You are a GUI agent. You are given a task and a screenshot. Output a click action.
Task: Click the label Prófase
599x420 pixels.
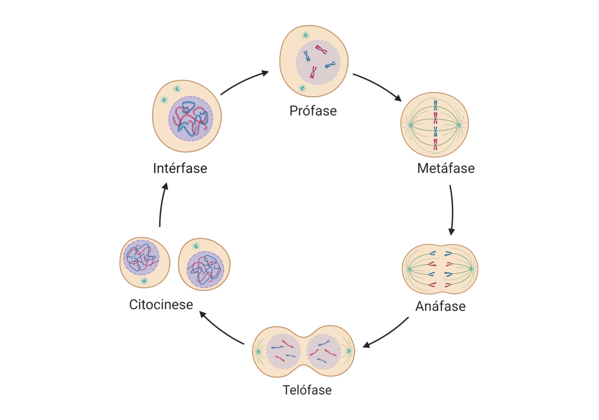click(x=313, y=111)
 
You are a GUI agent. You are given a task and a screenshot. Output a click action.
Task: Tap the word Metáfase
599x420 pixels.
click(x=446, y=168)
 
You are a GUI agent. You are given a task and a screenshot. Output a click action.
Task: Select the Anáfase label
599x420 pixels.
click(x=440, y=306)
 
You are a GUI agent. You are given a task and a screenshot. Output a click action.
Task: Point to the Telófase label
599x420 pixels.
click(x=307, y=390)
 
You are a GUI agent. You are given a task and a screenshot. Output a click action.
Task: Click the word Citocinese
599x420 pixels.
click(x=161, y=305)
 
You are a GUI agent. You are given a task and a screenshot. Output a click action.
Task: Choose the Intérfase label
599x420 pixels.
click(x=180, y=168)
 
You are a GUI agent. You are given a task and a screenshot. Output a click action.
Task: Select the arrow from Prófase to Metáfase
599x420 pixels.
click(x=378, y=85)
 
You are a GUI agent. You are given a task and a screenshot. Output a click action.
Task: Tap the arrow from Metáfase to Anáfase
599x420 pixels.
click(x=452, y=210)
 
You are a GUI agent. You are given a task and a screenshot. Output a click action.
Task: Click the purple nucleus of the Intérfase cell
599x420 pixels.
click(x=190, y=118)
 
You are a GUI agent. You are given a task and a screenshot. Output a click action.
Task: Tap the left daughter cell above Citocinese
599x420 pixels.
click(x=145, y=262)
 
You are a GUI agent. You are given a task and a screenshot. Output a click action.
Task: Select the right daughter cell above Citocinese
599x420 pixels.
click(x=204, y=264)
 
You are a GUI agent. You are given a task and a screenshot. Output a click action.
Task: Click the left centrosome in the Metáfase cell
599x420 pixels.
click(x=410, y=125)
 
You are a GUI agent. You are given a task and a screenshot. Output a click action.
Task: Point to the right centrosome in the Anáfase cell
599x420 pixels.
click(x=471, y=269)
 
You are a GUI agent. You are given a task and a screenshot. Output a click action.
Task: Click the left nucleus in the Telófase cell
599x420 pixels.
click(x=284, y=351)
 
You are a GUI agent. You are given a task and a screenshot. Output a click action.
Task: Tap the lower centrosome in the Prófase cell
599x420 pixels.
click(x=302, y=88)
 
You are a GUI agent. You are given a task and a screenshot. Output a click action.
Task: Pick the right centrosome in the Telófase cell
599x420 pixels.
click(x=349, y=351)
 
